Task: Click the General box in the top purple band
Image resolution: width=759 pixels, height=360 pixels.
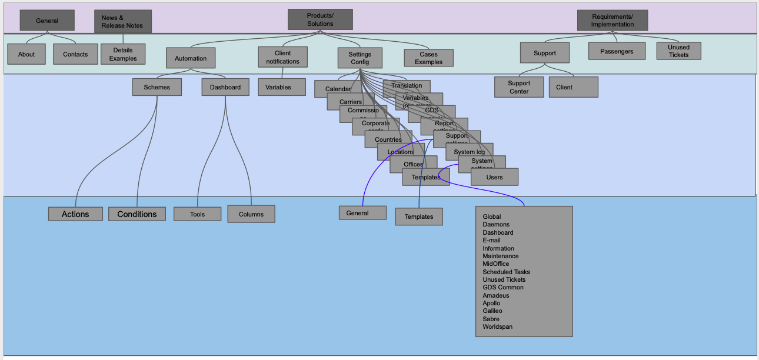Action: click(47, 21)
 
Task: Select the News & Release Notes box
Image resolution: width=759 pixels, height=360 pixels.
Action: click(122, 22)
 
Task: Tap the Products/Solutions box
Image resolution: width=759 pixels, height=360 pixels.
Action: click(320, 19)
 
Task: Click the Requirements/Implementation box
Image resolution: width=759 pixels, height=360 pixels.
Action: click(612, 21)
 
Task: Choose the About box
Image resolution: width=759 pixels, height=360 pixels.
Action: click(26, 54)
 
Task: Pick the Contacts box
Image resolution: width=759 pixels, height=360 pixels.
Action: click(75, 54)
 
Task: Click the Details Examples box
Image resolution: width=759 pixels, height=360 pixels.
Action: click(123, 54)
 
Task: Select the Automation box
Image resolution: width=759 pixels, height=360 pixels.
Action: click(191, 58)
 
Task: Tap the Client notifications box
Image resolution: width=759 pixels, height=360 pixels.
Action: click(282, 57)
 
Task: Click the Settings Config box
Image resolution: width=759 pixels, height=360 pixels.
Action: click(359, 58)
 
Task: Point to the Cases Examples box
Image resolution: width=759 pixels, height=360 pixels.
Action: click(428, 58)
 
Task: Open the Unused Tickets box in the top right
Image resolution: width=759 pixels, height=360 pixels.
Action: click(678, 51)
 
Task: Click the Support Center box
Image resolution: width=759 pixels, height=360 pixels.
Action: click(519, 87)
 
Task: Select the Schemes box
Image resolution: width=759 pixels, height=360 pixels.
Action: click(157, 87)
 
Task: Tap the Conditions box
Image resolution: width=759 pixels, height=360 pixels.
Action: click(137, 214)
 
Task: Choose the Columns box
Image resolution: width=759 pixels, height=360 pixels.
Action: click(251, 214)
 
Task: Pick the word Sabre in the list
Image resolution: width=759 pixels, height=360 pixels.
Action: click(491, 319)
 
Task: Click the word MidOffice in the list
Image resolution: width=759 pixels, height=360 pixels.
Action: click(495, 264)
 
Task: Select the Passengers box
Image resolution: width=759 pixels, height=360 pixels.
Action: click(617, 51)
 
